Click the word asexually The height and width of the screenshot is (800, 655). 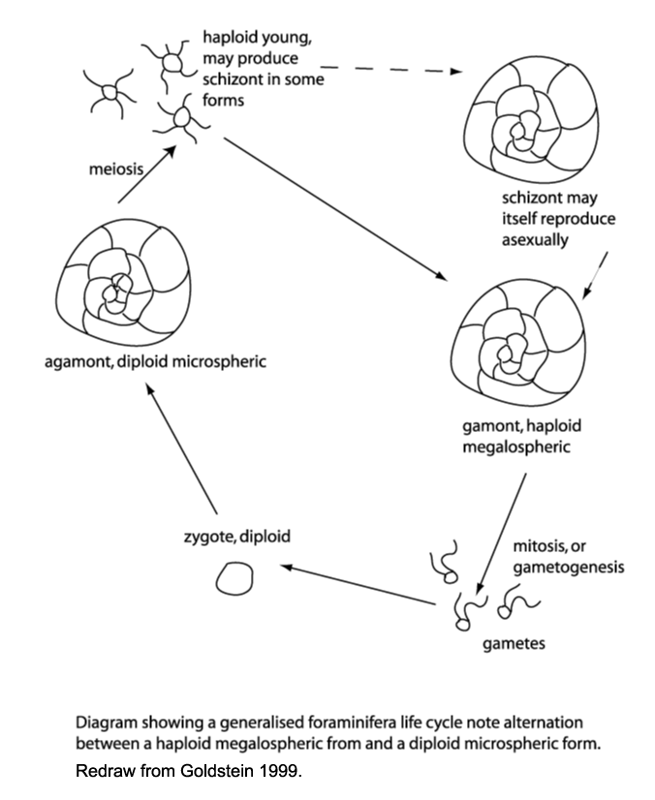point(536,238)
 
